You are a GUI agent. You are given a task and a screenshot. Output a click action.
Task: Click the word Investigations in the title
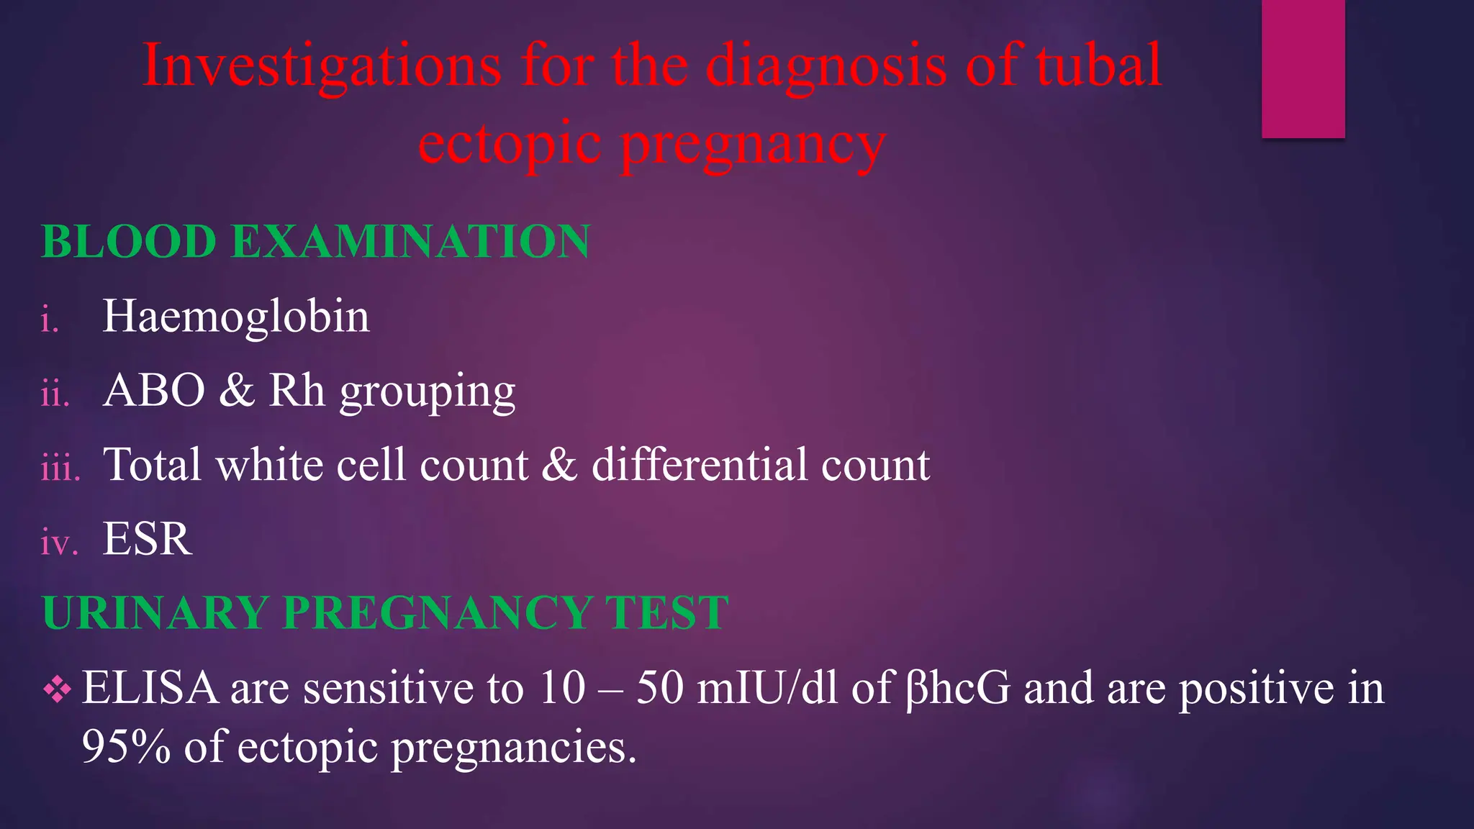[x=322, y=66]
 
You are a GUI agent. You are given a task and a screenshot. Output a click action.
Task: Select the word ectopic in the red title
[x=510, y=143]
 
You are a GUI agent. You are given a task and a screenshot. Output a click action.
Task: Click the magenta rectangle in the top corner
[x=1303, y=68]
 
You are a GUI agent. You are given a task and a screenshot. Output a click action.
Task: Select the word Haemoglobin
[x=236, y=317]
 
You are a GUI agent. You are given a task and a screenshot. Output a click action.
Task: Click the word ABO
[x=154, y=391]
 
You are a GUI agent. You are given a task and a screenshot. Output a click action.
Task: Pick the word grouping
[x=428, y=393]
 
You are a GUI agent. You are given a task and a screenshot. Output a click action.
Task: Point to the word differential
[x=699, y=464]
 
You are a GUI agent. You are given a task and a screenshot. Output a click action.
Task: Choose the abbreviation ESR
[x=148, y=539]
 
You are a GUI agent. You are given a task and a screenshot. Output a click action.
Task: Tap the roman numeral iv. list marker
[x=58, y=543]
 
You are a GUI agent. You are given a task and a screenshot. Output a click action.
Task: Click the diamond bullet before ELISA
[x=58, y=690]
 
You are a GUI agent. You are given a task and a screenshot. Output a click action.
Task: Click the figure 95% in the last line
[x=126, y=747]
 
